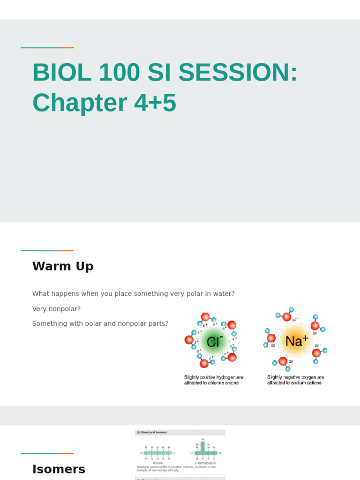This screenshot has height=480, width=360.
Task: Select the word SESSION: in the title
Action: click(x=238, y=73)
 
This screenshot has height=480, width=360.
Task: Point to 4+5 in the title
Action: click(x=155, y=103)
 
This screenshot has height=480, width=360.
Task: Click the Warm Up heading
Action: click(x=63, y=266)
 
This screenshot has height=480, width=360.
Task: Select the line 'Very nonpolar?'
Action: click(x=56, y=309)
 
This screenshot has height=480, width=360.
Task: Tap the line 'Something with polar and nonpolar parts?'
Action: click(x=100, y=324)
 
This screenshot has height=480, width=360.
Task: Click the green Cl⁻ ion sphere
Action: click(x=213, y=341)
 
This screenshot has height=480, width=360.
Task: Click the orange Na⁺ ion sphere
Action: click(x=294, y=341)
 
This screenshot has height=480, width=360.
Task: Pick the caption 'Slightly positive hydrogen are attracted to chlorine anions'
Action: click(x=213, y=380)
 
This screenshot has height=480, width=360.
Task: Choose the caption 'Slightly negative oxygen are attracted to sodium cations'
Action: click(x=295, y=380)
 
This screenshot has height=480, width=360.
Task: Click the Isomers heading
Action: click(x=59, y=469)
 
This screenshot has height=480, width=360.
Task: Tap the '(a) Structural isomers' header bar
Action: click(x=180, y=432)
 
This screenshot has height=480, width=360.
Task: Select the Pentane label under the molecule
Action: click(x=157, y=463)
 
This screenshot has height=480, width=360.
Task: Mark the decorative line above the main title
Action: click(x=47, y=48)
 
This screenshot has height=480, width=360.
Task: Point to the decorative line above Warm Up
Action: click(x=47, y=251)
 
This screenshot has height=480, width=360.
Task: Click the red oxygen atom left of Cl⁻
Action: click(x=189, y=339)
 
